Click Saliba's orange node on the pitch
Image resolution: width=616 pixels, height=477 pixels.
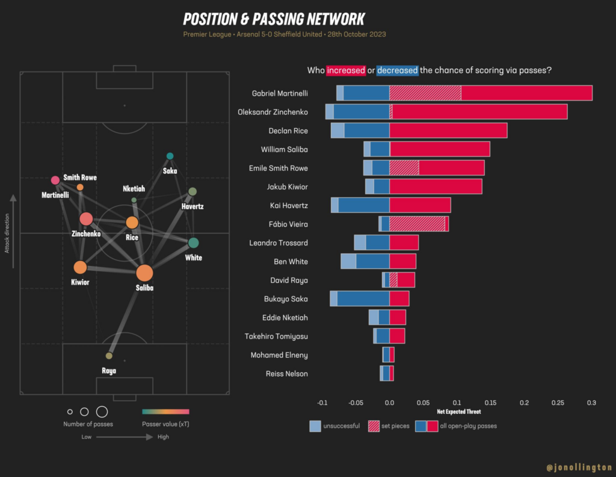[x=144, y=273]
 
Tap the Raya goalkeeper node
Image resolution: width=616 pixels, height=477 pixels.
[x=109, y=356]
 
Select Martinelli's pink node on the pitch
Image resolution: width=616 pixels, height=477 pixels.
[x=55, y=180]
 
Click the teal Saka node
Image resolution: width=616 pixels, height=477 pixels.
[x=170, y=156]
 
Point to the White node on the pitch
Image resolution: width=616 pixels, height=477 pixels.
[x=193, y=243]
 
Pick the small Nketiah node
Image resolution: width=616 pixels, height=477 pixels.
[x=134, y=200]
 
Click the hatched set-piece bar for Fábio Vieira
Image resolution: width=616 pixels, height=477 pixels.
[x=417, y=224]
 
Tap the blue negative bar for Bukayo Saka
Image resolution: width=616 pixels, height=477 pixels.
[x=363, y=298]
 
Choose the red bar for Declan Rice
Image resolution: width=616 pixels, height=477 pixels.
[x=448, y=131]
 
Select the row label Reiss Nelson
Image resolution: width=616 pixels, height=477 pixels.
[x=287, y=374]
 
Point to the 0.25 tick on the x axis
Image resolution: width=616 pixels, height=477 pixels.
[x=558, y=403]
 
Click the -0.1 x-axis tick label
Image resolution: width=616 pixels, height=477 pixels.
[x=322, y=403]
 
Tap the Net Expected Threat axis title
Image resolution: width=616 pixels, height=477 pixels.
[x=459, y=412]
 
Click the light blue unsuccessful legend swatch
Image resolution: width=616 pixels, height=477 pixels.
[x=315, y=426]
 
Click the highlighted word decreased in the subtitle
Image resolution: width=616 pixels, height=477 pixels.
[x=397, y=70]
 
